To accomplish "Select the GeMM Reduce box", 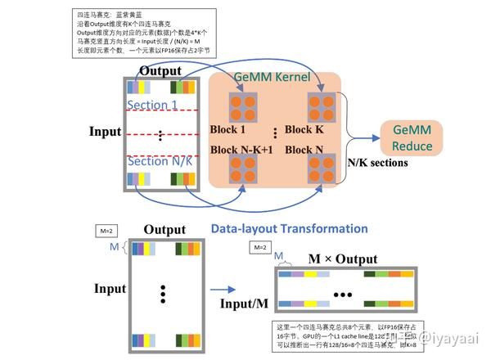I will point(412,138).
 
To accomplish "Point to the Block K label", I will point(315,130).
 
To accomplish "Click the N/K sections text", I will point(379,163).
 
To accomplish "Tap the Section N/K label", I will point(160,161).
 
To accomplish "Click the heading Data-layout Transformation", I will point(289,229).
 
